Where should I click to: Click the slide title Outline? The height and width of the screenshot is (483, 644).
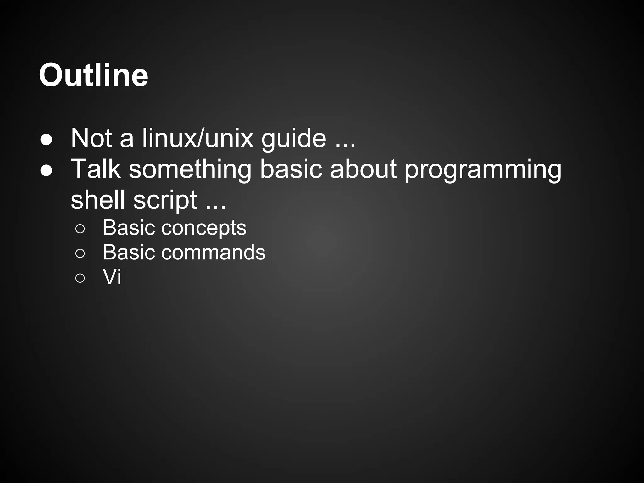93,75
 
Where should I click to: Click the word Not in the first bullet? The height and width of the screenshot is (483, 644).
91,138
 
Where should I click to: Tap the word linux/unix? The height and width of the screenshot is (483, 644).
197,138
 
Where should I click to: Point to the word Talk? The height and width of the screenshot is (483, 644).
96,169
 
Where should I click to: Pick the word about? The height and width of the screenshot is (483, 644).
363,169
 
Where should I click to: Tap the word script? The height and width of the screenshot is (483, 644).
165,200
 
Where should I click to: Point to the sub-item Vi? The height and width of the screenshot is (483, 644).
112,277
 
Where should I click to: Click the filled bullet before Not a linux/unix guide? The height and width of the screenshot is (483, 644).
46,140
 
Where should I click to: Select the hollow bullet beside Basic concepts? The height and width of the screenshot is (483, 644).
80,229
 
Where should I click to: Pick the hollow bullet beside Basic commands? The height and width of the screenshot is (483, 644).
80,253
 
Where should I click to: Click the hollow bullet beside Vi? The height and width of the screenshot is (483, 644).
80,278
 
